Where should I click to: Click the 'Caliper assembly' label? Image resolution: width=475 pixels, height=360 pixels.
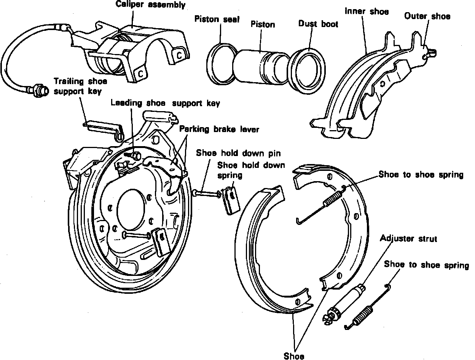coord(151,5)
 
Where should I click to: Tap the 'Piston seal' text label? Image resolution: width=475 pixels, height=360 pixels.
coord(217,19)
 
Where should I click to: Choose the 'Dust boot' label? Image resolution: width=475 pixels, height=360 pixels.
coord(318,24)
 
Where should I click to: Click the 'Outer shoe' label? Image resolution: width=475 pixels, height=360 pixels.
coord(427,16)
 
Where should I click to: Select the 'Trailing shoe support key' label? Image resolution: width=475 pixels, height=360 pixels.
coord(80,86)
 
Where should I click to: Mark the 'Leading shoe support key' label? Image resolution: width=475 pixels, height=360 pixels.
coord(165,103)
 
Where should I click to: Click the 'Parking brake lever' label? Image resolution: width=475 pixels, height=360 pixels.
coord(219,129)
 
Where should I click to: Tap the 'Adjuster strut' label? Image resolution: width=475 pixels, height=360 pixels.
coord(408,239)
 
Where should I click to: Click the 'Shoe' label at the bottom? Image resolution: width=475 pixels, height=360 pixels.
coord(294,356)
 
